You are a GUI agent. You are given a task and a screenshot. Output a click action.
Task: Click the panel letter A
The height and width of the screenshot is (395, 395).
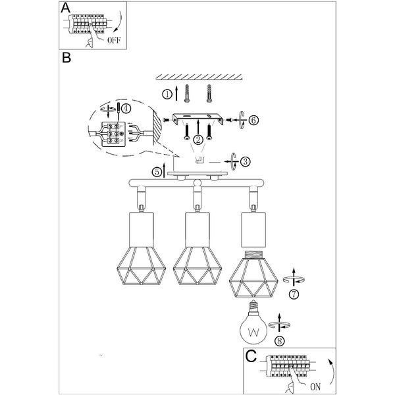[65, 8]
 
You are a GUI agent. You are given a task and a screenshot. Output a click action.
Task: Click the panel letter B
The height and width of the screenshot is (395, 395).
[65, 58]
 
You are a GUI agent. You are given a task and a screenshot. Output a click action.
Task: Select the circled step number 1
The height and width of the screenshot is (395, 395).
[167, 94]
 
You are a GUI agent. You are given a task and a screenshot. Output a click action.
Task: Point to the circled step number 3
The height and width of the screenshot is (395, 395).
[244, 161]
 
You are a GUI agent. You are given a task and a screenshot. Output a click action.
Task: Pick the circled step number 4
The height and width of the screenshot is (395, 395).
[126, 109]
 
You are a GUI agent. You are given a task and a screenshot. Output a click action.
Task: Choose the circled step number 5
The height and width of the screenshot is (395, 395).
[156, 172]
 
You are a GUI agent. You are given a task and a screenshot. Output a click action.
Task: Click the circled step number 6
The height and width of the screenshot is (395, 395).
[254, 120]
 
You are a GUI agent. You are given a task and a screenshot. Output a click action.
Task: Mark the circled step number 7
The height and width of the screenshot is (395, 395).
[294, 293]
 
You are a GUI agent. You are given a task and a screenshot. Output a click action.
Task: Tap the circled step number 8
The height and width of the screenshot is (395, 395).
[281, 341]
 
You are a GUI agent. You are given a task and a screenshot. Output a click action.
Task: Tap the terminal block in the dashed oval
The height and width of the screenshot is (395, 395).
[113, 131]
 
